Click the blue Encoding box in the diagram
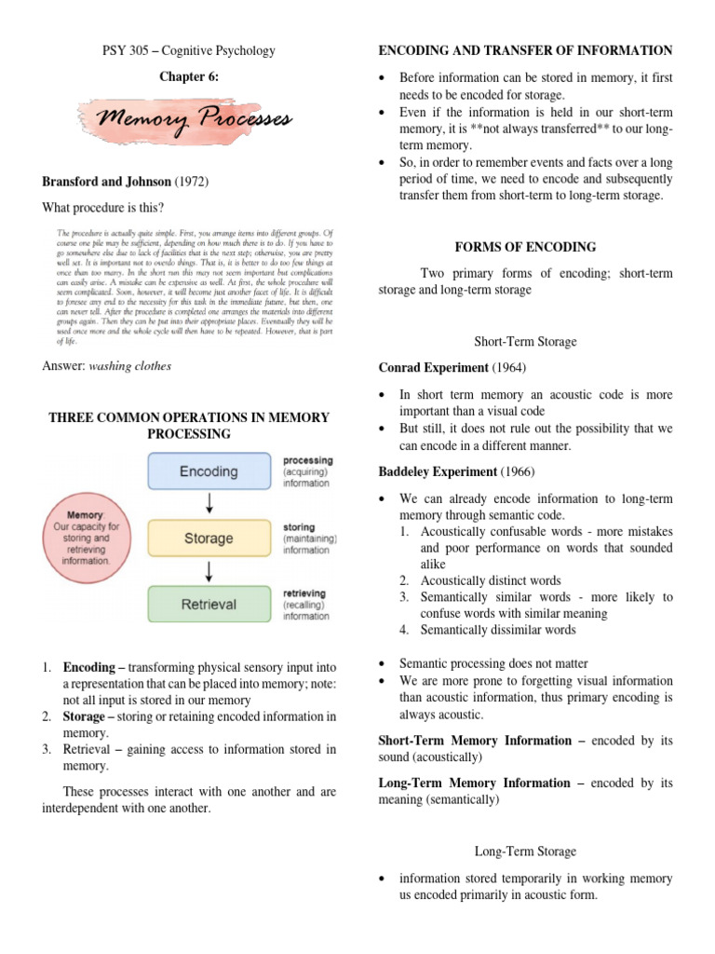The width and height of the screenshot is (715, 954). pyautogui.click(x=209, y=471)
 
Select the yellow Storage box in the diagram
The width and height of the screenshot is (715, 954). pyautogui.click(x=209, y=538)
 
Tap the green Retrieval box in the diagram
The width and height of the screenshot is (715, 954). pyautogui.click(x=209, y=604)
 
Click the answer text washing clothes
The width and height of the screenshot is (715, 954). pyautogui.click(x=130, y=366)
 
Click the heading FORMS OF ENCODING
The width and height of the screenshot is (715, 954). pyautogui.click(x=525, y=247)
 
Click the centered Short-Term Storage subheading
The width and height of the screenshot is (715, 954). pyautogui.click(x=525, y=342)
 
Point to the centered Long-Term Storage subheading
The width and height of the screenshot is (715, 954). pyautogui.click(x=525, y=852)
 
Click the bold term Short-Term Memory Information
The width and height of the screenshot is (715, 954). pyautogui.click(x=475, y=741)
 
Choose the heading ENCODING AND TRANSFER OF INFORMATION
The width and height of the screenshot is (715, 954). pyautogui.click(x=525, y=50)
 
